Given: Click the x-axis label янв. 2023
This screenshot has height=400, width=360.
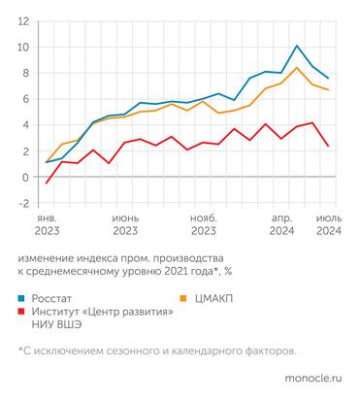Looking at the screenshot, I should [x=47, y=225].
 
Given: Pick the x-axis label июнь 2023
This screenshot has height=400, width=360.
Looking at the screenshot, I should [x=125, y=225].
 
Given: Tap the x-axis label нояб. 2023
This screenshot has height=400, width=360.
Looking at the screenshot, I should [x=203, y=225].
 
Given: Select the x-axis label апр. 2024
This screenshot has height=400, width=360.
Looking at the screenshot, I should [x=281, y=225].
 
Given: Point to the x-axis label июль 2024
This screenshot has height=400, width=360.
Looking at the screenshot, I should [x=328, y=225].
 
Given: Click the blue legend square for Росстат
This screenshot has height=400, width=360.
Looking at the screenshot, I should [x=22, y=297].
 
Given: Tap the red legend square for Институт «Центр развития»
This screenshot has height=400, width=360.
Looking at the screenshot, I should [x=22, y=312].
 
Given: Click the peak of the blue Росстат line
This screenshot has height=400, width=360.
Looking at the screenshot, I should [x=297, y=46].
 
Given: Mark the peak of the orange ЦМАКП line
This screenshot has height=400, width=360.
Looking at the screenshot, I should [x=297, y=67].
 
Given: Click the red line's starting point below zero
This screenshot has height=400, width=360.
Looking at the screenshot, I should [x=47, y=183].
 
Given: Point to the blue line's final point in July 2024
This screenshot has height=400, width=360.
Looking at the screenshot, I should [x=329, y=79].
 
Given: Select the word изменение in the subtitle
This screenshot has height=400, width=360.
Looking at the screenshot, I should [x=46, y=259].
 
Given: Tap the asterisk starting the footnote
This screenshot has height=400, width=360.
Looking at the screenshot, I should [x=20, y=350].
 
